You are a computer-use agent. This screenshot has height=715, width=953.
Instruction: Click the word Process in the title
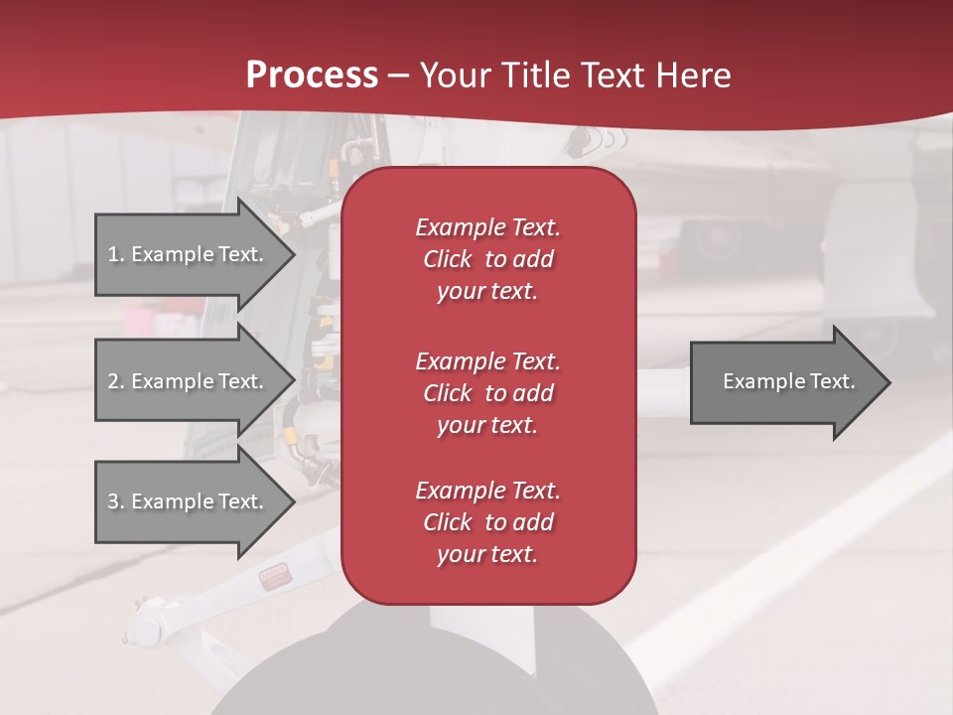[x=312, y=75]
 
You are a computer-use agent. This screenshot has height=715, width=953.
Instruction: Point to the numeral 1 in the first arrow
[x=113, y=254]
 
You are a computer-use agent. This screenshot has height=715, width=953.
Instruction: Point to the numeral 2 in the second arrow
[x=113, y=381]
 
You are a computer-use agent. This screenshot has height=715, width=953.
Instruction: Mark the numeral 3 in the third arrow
[x=113, y=501]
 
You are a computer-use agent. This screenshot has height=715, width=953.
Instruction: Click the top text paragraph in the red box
[x=487, y=259]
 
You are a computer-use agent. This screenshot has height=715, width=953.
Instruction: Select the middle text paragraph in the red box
[x=487, y=392]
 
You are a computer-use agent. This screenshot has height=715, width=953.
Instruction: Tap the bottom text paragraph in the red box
[x=487, y=522]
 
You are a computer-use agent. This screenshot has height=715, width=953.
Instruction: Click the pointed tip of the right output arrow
[x=886, y=382]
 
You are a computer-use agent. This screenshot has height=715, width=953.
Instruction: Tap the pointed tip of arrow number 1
[x=291, y=254]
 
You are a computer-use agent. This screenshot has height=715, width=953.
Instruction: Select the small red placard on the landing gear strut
[x=272, y=578]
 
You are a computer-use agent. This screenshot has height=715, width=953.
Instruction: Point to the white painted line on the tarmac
[x=794, y=556]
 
